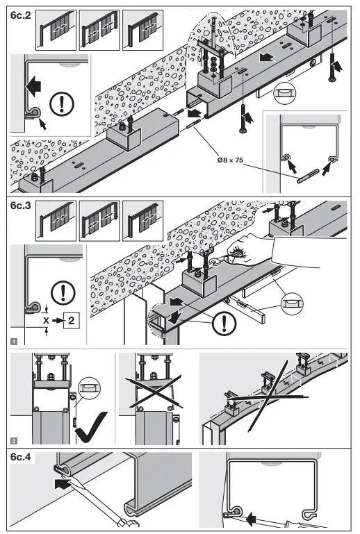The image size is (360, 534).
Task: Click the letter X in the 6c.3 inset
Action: click(46, 322)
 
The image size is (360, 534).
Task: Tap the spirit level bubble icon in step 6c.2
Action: click(285, 91)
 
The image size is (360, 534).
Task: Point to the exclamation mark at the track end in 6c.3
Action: click(222, 322)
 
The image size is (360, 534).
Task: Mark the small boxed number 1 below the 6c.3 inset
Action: click(15, 342)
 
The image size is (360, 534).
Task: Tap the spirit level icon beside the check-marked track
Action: click(88, 383)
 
